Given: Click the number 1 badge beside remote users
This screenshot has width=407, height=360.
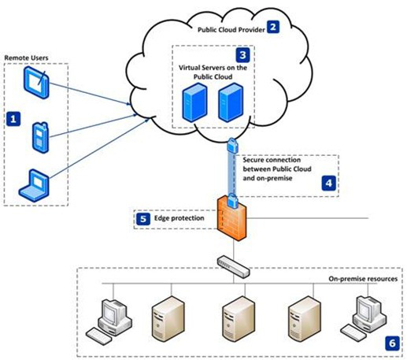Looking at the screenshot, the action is (13, 119).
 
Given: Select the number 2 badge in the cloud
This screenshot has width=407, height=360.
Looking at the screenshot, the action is (273, 27).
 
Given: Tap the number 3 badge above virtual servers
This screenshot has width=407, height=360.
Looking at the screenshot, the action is (242, 55).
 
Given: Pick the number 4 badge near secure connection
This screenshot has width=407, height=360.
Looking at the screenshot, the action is (329, 183).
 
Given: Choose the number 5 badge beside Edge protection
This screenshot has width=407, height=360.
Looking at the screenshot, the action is (143, 219).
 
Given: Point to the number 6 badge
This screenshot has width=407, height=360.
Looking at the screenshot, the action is (392, 343).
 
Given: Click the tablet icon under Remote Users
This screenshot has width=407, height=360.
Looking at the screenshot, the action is (36, 82).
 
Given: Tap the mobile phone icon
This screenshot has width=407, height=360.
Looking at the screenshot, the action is (40, 138).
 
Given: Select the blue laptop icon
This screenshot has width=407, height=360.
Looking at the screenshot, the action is (34, 185).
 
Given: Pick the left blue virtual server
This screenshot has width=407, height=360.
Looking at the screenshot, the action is (194, 102).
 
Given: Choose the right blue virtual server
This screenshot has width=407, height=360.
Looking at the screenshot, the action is (231, 102).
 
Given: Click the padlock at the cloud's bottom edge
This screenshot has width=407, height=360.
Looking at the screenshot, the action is (233, 145).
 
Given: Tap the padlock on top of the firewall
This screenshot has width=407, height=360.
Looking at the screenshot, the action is (232, 201).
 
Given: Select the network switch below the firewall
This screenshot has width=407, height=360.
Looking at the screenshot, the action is (233, 266).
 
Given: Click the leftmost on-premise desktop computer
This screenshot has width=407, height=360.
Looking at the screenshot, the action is (109, 321).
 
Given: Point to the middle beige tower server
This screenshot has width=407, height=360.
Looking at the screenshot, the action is (239, 319).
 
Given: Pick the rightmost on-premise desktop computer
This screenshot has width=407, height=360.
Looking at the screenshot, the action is (364, 318).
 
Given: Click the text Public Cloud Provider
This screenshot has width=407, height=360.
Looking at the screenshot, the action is (231, 30).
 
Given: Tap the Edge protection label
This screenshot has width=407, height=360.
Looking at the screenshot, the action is (179, 218).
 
